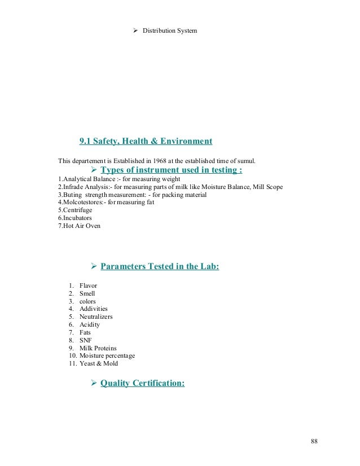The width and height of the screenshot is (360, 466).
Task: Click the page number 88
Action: pos(314,441)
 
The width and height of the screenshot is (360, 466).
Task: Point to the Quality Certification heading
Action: pos(142,384)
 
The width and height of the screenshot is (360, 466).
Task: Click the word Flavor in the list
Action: pos(89,285)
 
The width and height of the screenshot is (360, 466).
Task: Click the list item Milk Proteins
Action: pos(98,348)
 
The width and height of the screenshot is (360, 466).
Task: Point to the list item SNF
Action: pos(86,340)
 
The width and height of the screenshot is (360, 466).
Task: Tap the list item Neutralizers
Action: pos(96,317)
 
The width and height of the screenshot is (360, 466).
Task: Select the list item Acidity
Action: pos(90,325)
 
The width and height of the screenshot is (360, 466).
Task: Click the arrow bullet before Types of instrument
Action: pos(94,170)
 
